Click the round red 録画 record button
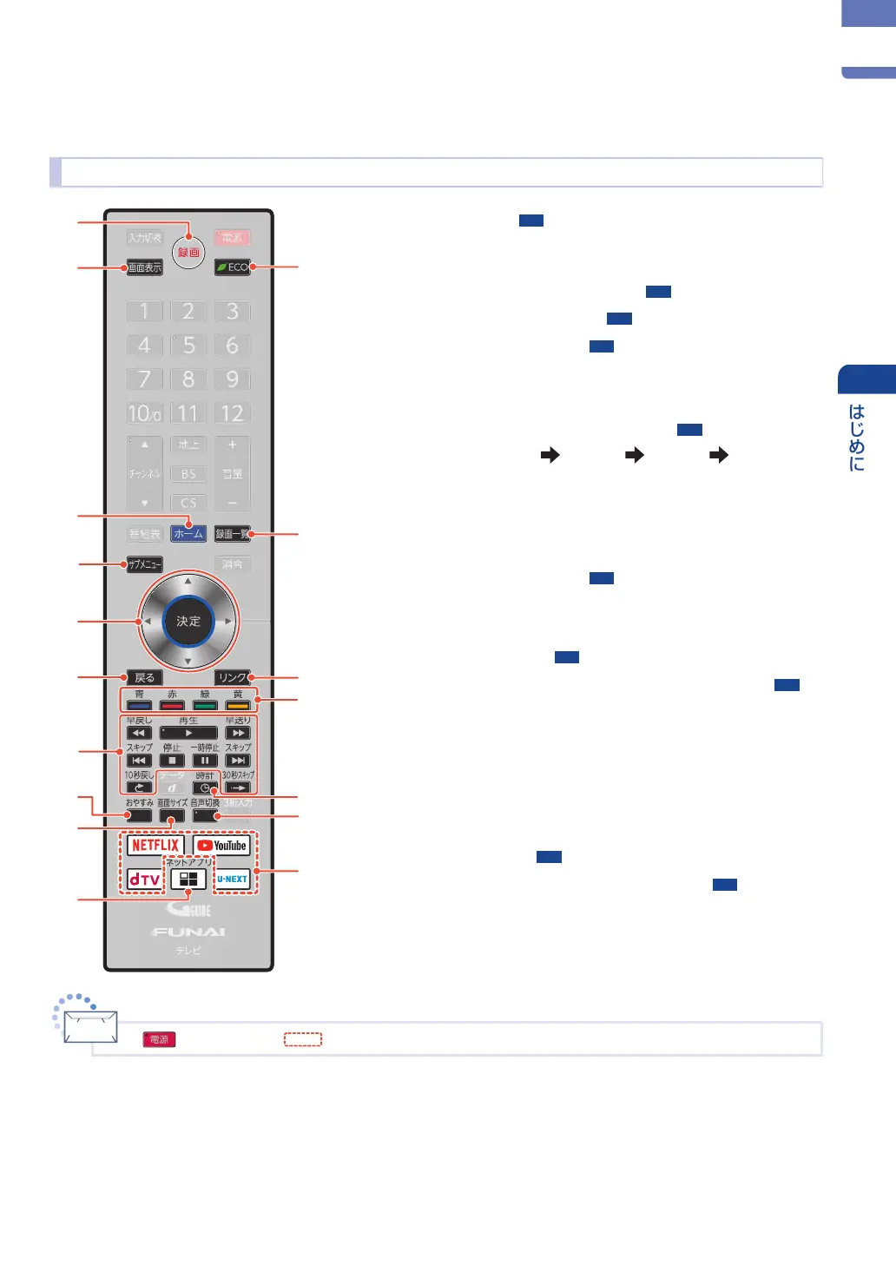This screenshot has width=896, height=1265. point(188,252)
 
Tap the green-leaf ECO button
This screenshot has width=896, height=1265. point(233,267)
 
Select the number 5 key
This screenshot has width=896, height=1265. point(188,346)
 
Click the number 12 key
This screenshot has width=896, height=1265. point(232,413)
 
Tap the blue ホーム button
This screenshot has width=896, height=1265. point(188,534)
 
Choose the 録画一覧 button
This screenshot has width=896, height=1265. point(232,534)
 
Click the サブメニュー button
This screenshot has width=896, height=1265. point(145,564)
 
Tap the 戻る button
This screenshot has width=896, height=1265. point(145,677)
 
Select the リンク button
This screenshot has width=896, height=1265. point(232,677)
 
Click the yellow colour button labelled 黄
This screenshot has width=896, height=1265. point(238,705)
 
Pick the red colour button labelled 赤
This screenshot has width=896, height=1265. point(172,705)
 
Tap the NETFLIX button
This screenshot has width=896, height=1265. point(155,845)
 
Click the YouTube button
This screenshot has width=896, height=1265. point(221,845)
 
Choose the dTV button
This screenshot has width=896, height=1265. point(144,880)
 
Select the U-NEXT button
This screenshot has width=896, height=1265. point(232,880)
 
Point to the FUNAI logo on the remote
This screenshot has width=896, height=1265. point(188,932)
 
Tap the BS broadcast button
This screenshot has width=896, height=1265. point(188,474)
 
